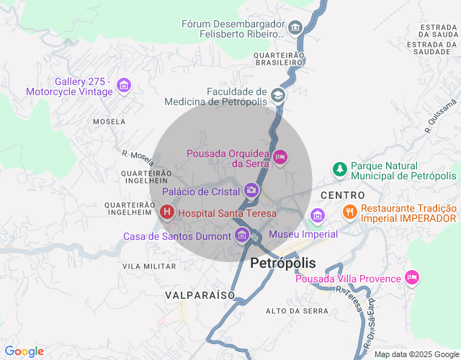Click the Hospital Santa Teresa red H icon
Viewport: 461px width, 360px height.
click(166, 212)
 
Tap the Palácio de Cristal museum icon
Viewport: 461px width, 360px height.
click(251, 191)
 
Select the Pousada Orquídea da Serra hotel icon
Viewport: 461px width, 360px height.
click(280, 156)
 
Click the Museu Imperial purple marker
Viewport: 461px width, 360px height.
click(317, 215)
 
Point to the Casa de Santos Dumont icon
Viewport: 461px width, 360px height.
click(242, 235)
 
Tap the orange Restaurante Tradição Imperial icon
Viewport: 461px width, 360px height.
click(350, 212)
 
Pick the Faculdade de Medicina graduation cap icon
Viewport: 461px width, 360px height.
click(277, 96)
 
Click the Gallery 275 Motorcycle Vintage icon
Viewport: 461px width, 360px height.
click(123, 86)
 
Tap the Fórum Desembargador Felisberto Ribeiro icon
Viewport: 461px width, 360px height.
click(295, 29)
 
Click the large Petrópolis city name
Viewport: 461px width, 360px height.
click(283, 264)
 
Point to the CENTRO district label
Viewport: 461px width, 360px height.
click(343, 195)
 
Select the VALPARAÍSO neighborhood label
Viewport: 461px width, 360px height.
click(200, 295)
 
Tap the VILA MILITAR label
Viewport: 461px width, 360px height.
click(149, 266)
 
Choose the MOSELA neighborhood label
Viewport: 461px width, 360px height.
click(109, 122)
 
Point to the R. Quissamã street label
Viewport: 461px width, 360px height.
click(440, 117)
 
